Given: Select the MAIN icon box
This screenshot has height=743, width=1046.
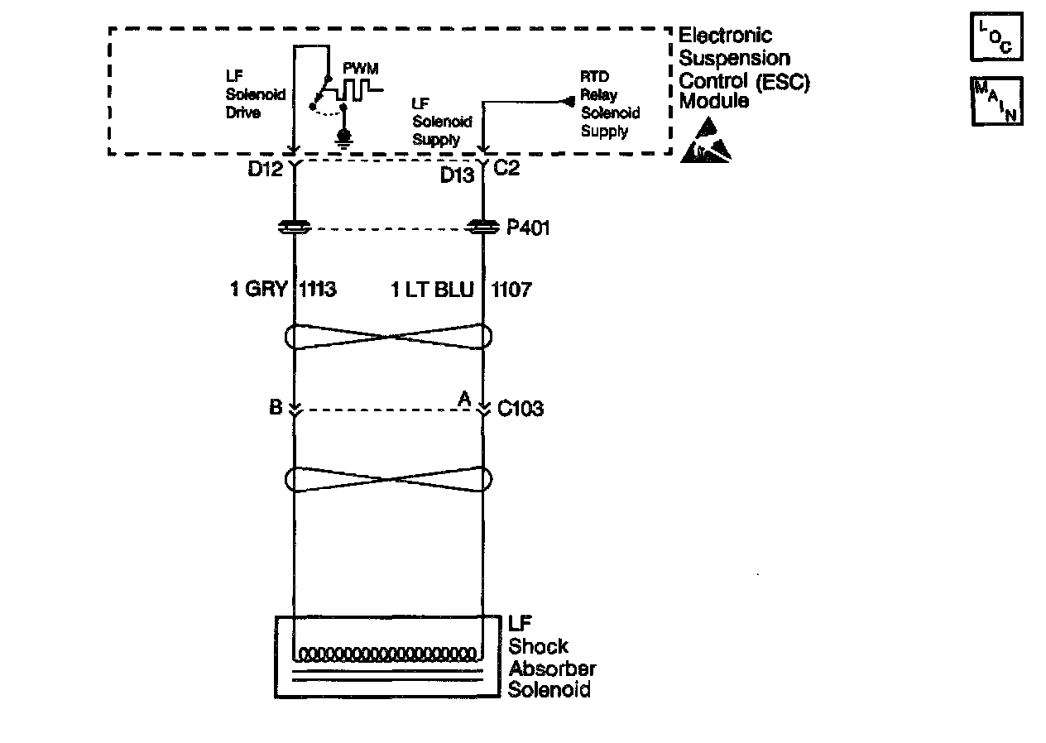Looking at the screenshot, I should pyautogui.click(x=996, y=101).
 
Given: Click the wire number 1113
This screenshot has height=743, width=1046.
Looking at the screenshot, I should pyautogui.click(x=319, y=290).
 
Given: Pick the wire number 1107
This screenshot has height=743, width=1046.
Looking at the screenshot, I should pyautogui.click(x=511, y=290).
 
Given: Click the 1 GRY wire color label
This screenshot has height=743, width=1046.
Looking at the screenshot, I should pyautogui.click(x=258, y=290).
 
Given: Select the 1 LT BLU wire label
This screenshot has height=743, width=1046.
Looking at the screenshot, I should pyautogui.click(x=432, y=290).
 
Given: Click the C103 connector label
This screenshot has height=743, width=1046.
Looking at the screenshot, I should pyautogui.click(x=521, y=409).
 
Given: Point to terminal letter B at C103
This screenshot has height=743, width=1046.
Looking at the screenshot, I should pyautogui.click(x=276, y=408).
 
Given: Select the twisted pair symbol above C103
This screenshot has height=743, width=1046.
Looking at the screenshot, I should pyautogui.click(x=388, y=337).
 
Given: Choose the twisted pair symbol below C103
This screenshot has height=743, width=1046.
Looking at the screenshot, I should pyautogui.click(x=388, y=479).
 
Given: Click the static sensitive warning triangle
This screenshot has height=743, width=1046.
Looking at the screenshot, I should pyautogui.click(x=705, y=140).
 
